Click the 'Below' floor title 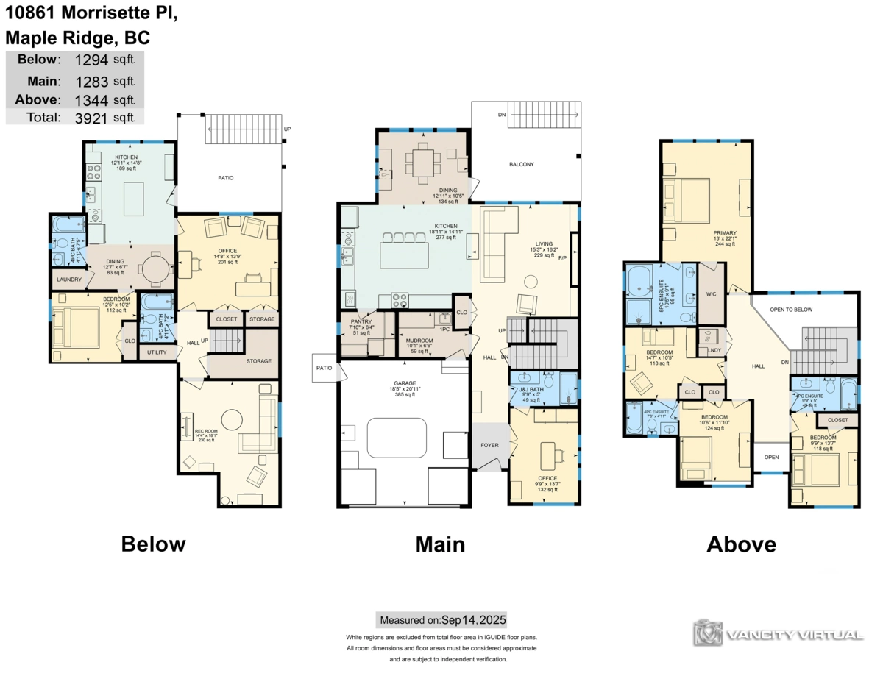tap(153, 544)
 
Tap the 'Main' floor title tap(440, 544)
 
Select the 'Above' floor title tap(741, 544)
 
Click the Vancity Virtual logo tap(779, 633)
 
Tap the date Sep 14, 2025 tap(473, 619)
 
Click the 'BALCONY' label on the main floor tap(522, 164)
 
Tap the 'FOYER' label tap(489, 445)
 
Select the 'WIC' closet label tap(711, 295)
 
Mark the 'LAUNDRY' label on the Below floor tap(68, 280)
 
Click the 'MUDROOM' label tap(419, 341)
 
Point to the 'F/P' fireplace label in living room tap(563, 258)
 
